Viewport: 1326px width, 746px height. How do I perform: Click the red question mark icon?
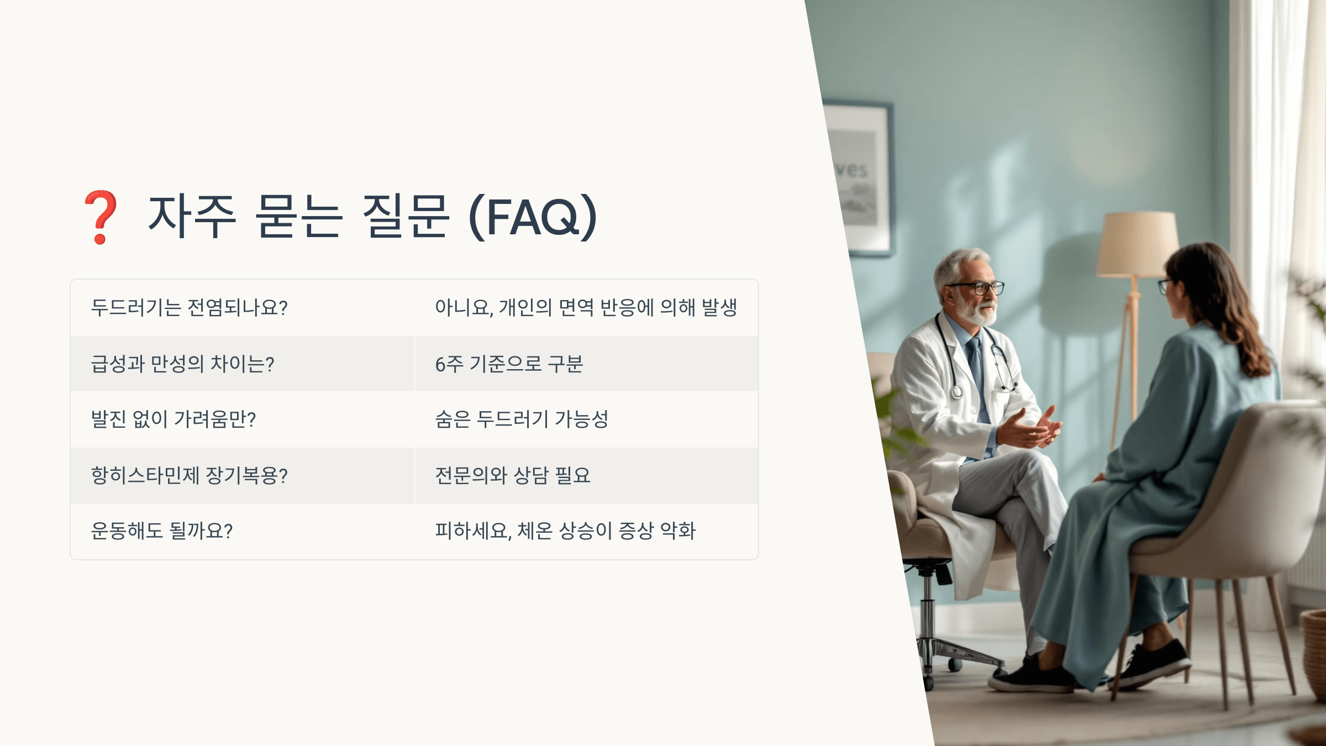[101, 217]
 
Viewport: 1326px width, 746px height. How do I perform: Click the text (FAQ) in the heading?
[533, 217]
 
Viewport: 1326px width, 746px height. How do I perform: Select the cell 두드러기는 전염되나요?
[243, 308]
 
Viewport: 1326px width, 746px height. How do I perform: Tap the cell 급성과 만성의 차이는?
[243, 364]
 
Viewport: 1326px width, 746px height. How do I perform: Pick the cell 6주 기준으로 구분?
[586, 364]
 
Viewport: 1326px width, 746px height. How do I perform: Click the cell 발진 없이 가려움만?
[243, 419]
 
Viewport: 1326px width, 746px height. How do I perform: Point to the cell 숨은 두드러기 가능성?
[586, 419]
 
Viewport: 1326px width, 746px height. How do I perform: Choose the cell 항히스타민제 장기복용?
[243, 475]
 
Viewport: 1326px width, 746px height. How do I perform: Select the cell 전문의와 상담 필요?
[586, 475]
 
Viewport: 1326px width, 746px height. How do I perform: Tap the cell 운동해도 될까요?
[243, 531]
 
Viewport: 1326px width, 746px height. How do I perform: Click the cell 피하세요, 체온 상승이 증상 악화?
[586, 531]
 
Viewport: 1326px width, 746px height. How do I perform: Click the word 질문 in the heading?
[405, 217]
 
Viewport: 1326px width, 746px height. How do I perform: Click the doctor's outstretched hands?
[1032, 429]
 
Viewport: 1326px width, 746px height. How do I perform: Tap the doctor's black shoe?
[1031, 677]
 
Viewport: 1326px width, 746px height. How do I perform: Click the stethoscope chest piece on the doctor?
[956, 391]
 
